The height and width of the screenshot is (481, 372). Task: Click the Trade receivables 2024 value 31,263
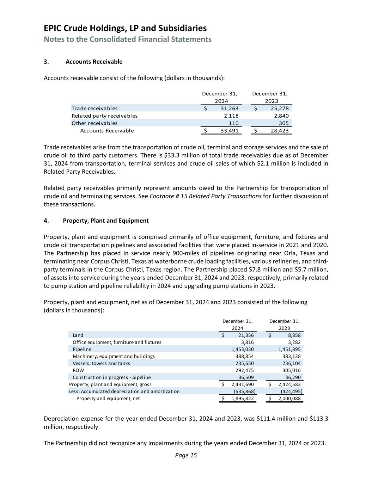coord(229,109)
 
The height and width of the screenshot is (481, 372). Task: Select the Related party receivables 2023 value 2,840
coord(281,116)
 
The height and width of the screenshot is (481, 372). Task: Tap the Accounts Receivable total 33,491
coord(229,131)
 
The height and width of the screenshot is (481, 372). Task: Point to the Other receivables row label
coord(94,123)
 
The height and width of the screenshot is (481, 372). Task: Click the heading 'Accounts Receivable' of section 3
coord(94,62)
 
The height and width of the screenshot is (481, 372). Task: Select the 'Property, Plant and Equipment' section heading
coord(106,221)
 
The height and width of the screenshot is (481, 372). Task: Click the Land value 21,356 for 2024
coord(246,335)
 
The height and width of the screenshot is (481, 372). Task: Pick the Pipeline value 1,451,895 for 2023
coord(289,349)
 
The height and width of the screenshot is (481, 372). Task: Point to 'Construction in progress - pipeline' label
coord(111,377)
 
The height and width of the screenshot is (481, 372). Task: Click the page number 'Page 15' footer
coord(186,455)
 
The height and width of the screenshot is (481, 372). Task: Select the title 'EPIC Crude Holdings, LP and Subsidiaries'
coord(125,28)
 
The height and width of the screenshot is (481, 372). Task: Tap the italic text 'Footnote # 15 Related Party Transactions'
coord(206,196)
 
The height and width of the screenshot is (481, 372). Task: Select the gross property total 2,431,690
coord(243,384)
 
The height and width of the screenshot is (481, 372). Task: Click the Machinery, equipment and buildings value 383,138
coord(291,356)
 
